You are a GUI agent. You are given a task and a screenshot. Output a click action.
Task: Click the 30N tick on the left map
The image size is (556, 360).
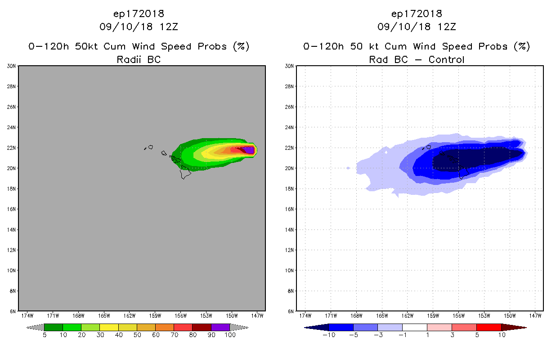[x=12, y=66]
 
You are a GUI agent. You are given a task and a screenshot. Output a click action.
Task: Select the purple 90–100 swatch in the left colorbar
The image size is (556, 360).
[x=220, y=327]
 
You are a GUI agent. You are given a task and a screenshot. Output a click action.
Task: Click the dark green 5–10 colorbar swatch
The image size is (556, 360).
[x=54, y=327]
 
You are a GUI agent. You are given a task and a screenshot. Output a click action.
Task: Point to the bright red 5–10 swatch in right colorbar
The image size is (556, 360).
[x=489, y=327]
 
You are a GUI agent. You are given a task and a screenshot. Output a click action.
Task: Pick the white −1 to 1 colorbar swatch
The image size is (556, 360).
[x=415, y=327]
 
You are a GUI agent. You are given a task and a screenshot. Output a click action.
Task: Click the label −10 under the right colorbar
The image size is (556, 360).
[x=328, y=335]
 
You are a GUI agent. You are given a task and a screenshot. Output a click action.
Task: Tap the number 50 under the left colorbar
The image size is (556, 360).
[x=137, y=335]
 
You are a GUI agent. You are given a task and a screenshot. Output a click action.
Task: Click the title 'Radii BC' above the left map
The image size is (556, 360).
[x=139, y=59]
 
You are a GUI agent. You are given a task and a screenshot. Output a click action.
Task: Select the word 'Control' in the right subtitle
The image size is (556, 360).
[x=446, y=59]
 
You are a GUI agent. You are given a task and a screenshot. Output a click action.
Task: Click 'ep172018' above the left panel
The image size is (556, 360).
[x=139, y=13]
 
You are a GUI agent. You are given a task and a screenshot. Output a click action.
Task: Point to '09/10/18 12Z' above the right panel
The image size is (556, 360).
[x=417, y=27]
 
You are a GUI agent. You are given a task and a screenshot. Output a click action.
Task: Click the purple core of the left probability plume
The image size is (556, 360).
[x=249, y=150]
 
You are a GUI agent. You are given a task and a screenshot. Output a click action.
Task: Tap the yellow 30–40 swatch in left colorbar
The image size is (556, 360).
[x=109, y=327]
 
